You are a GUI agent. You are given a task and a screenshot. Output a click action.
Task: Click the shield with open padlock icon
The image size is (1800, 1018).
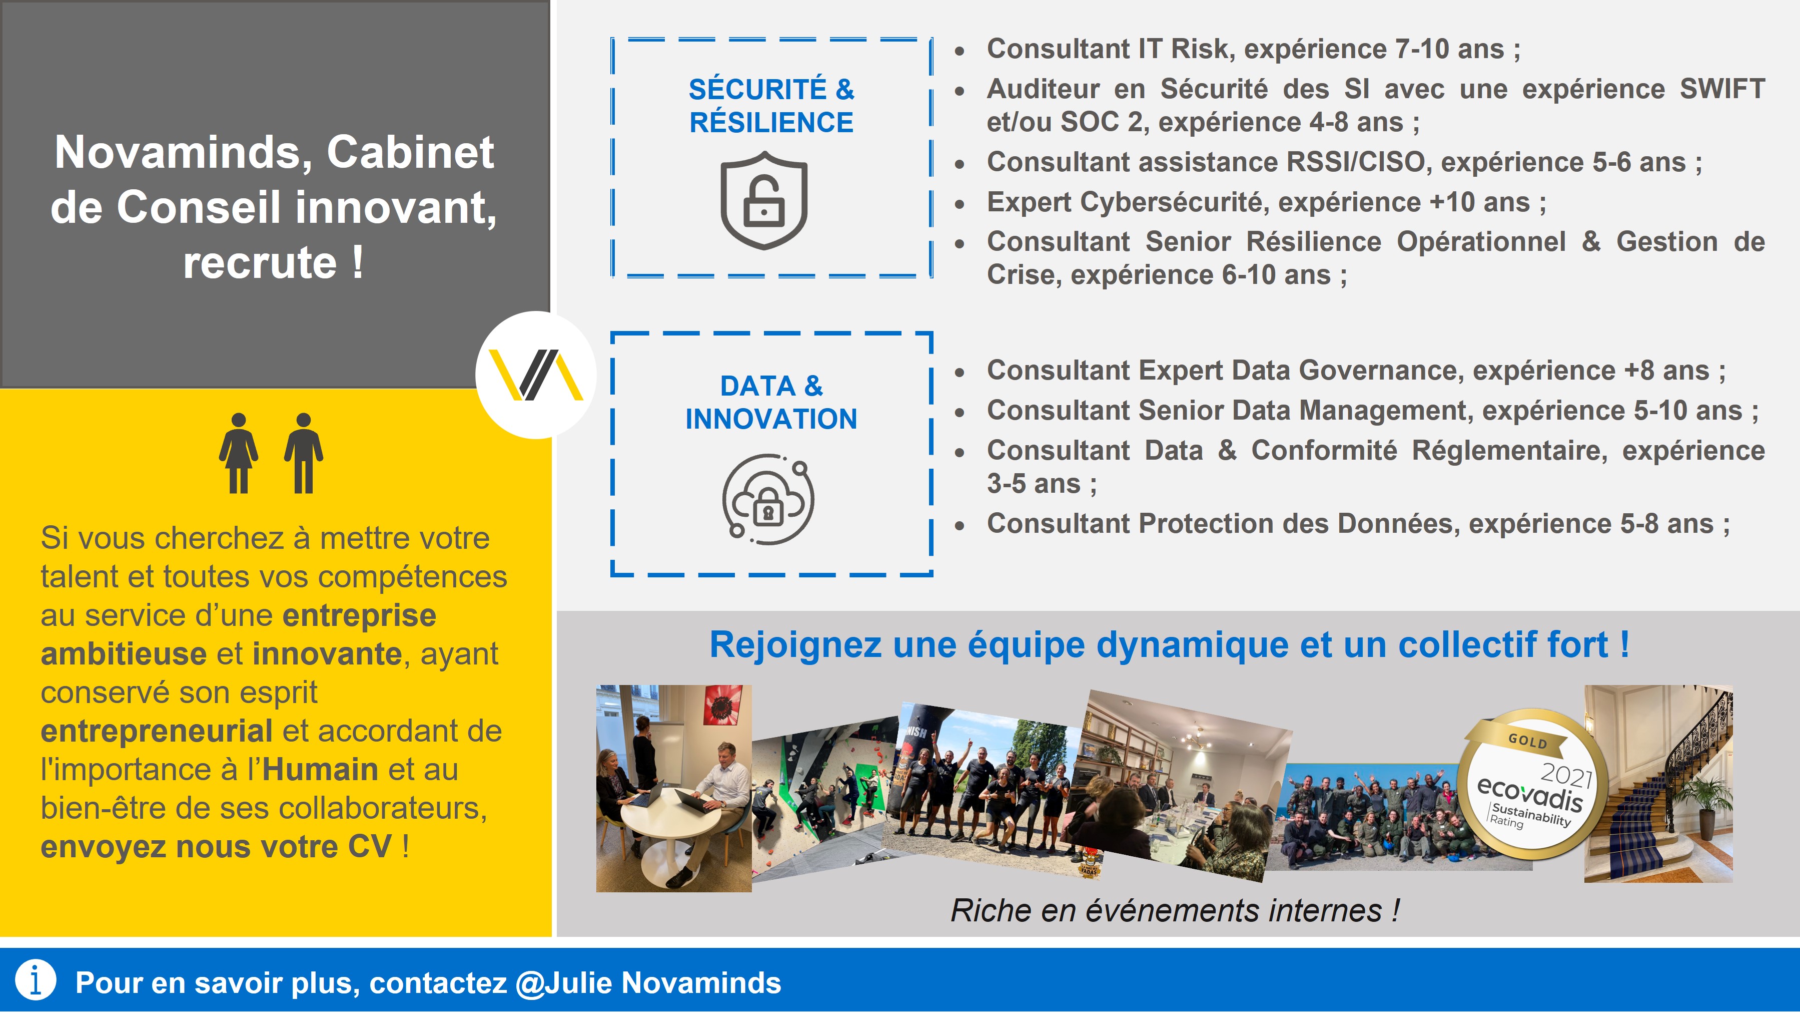coord(764,201)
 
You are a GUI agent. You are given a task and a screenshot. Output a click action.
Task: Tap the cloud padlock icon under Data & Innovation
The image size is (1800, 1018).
coord(768,499)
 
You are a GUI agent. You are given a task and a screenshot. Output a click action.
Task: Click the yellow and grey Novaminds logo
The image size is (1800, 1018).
coord(535,375)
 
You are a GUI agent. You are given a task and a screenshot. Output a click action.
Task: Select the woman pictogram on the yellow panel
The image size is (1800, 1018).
coord(239,453)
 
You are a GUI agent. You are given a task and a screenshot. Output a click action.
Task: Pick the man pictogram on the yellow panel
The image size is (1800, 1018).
coord(303,453)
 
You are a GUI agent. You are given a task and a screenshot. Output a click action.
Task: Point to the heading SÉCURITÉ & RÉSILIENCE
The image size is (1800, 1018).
coord(771,106)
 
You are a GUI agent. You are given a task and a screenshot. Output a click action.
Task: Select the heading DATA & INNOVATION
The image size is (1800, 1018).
coord(771,402)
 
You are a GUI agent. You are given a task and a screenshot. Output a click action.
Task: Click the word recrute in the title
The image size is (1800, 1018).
coord(260,262)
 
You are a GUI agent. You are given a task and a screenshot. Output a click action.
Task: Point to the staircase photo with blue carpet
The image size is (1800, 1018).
coord(1658,783)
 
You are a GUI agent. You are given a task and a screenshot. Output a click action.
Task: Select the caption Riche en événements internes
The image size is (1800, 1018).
coord(1175,911)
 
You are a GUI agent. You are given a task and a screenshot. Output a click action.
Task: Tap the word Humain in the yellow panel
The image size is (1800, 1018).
coord(320,769)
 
